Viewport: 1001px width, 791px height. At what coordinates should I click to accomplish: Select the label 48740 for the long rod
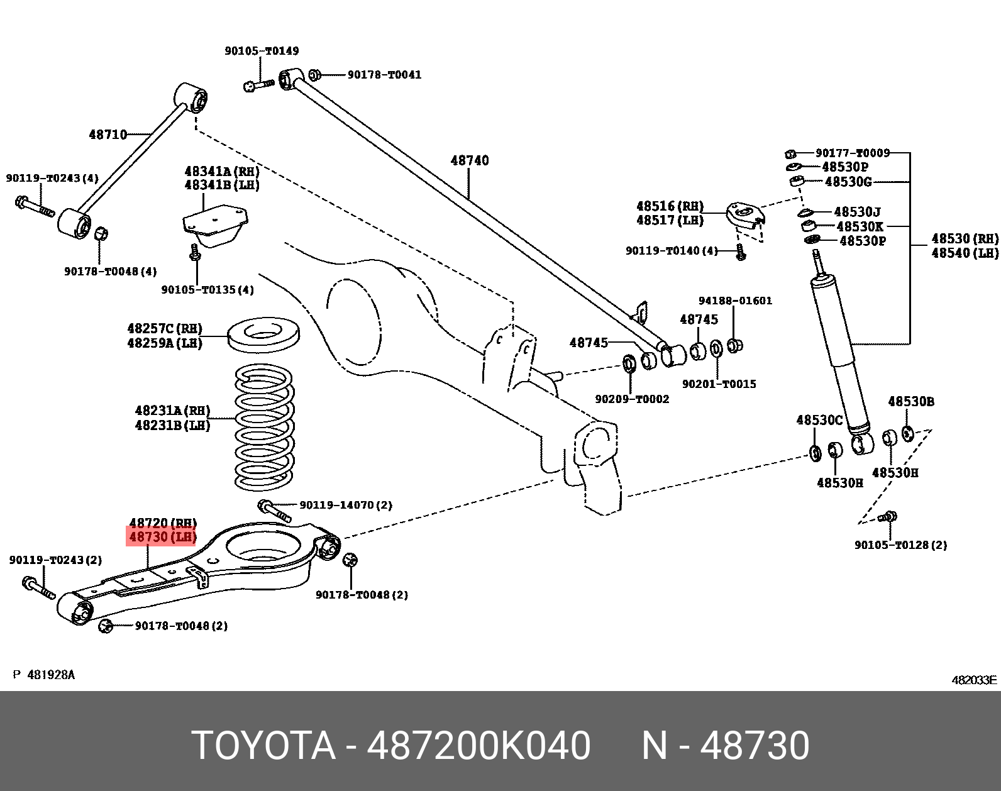(x=469, y=160)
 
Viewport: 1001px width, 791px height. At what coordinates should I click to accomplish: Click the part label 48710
(x=108, y=134)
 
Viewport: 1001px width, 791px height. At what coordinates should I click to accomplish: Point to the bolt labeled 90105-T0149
(x=258, y=85)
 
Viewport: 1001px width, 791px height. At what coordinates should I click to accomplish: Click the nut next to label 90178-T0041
(x=315, y=75)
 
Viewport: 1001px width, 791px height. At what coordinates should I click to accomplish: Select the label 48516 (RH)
(x=670, y=206)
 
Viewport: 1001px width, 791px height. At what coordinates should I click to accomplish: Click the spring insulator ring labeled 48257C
(x=263, y=336)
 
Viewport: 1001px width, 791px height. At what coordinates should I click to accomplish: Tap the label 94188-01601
(x=735, y=301)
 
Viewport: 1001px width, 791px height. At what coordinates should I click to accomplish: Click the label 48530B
(x=910, y=402)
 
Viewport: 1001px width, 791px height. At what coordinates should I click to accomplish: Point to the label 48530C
(x=819, y=419)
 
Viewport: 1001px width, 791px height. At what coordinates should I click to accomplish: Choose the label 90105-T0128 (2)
(x=900, y=545)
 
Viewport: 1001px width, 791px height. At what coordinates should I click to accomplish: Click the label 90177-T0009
(x=852, y=153)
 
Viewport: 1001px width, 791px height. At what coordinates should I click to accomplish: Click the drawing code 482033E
(x=974, y=680)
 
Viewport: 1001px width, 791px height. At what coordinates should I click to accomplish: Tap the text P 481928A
(x=44, y=675)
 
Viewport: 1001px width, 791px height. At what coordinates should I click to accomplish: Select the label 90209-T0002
(x=632, y=399)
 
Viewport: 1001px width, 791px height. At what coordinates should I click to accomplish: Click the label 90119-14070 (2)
(x=345, y=505)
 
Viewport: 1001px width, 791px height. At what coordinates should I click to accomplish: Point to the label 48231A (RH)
(x=172, y=411)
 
